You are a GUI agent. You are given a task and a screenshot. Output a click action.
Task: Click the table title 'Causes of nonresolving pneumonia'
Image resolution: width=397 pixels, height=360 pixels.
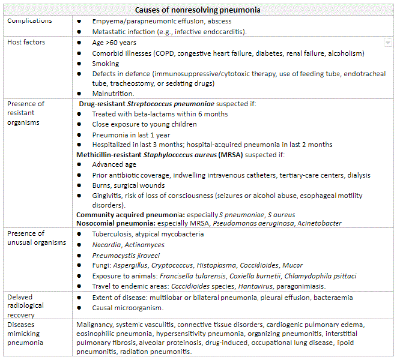[198, 10]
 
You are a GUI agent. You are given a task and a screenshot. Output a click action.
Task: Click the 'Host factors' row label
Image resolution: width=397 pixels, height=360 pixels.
[26, 43]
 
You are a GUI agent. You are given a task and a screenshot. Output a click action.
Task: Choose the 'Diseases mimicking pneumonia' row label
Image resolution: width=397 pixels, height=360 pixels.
[26, 334]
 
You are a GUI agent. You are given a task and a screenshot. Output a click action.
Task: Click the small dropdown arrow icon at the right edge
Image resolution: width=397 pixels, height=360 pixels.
[387, 43]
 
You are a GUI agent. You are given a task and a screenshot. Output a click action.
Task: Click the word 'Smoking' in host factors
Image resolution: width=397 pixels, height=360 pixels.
[106, 64]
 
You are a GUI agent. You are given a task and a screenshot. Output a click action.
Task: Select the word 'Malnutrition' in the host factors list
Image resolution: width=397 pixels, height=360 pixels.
[112, 94]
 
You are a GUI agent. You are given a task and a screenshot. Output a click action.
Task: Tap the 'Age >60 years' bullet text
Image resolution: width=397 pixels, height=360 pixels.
[115, 43]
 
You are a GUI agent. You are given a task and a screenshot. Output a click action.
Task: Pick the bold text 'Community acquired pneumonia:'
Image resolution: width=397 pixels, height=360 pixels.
[131, 214]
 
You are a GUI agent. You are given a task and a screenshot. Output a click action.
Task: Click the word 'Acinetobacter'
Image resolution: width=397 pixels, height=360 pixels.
[320, 223]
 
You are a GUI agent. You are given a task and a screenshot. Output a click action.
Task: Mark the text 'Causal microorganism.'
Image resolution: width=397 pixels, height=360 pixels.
[127, 308]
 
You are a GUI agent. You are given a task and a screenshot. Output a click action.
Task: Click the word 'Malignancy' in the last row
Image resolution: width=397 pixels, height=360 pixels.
[97, 324]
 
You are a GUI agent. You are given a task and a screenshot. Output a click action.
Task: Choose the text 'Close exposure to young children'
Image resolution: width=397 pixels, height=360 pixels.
[144, 124]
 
